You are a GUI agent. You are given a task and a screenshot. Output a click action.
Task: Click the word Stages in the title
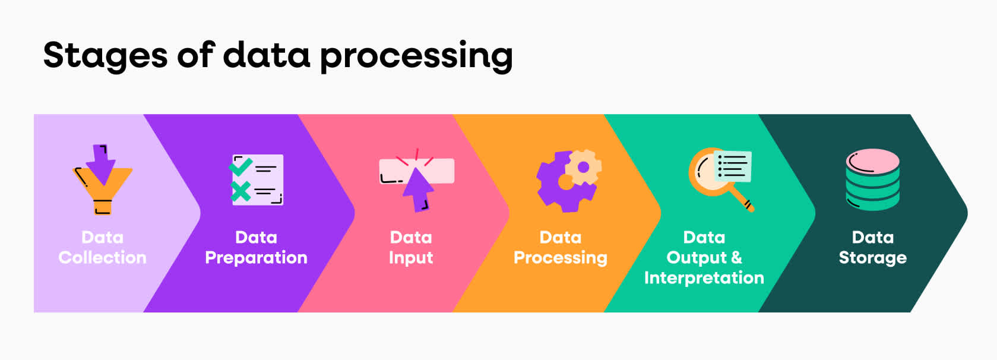105,56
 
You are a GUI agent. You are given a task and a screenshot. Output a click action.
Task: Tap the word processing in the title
416,56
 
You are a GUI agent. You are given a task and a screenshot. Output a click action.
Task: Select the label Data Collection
102,247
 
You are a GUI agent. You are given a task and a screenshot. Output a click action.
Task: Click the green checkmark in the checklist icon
240,167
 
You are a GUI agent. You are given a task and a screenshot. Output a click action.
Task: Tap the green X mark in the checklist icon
240,191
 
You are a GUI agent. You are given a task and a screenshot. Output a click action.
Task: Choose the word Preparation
256,258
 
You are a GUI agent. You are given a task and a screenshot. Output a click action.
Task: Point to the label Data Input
411,247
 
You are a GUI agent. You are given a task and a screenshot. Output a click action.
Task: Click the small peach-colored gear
583,168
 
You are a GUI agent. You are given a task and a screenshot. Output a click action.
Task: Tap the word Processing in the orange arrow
561,258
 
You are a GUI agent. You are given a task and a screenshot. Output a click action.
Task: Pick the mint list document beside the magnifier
732,166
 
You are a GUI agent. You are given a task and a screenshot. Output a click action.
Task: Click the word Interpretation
704,278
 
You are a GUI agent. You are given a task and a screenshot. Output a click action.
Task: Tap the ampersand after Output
736,257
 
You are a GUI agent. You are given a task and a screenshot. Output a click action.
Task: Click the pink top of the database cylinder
872,160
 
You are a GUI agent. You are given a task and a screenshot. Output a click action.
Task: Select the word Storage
872,258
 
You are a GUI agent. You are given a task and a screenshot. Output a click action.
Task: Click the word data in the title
267,56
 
